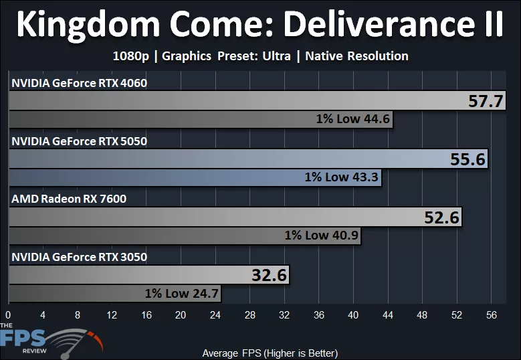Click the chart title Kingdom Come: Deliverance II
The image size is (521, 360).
click(260, 24)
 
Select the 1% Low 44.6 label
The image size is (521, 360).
click(353, 120)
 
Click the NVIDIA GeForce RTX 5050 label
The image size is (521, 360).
click(78, 141)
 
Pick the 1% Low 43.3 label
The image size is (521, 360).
click(342, 177)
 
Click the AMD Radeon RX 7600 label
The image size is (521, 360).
click(68, 199)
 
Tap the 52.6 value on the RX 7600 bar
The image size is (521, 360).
click(441, 217)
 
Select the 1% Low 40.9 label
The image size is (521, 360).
click(322, 235)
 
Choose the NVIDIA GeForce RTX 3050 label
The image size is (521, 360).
click(78, 256)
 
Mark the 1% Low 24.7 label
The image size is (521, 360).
click(182, 293)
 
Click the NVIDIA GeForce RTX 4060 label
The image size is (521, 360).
click(78, 84)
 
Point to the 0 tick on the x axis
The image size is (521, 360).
click(8, 315)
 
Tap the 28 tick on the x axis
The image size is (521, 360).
click(250, 315)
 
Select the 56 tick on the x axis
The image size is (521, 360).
click(492, 315)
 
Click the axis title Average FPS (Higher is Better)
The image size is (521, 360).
click(270, 353)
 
